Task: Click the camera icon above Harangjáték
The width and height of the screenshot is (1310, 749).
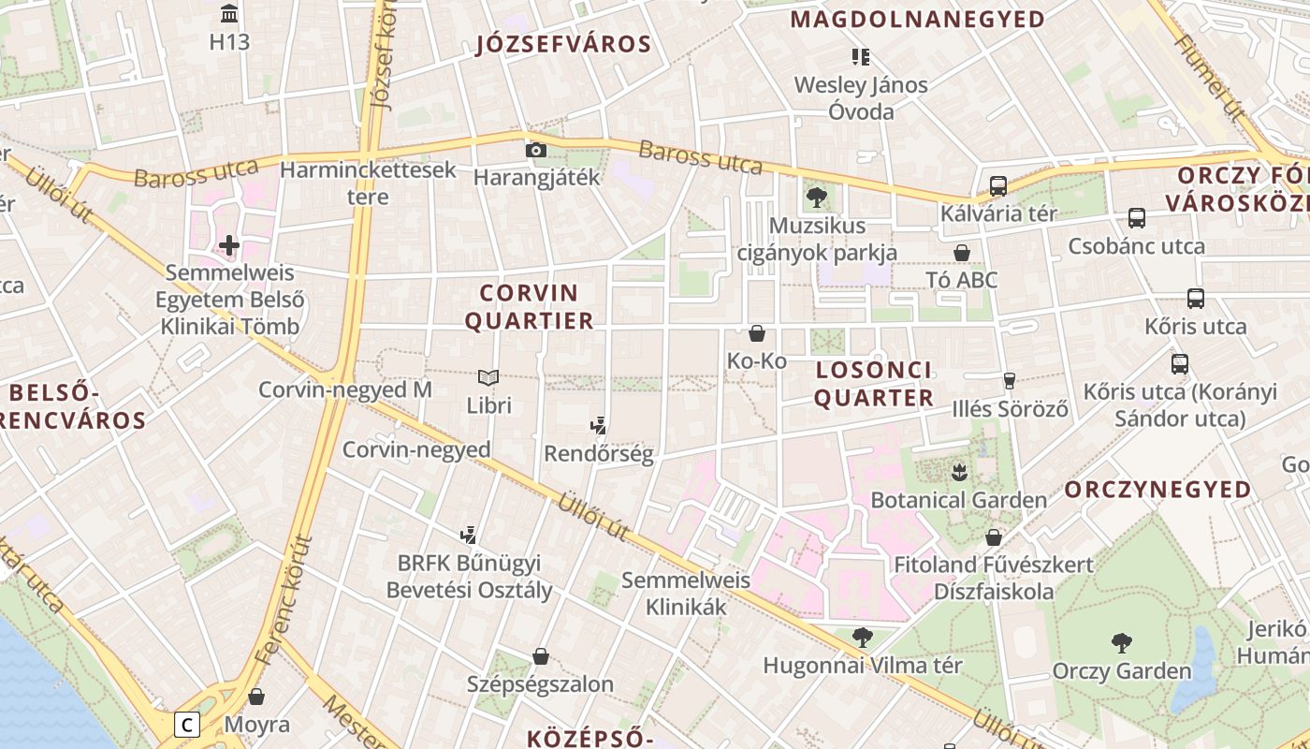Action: click(535, 150)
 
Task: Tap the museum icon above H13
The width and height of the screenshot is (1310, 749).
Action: click(229, 13)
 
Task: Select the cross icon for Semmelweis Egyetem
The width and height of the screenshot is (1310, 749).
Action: click(229, 245)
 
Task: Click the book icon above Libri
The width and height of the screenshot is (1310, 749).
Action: click(488, 377)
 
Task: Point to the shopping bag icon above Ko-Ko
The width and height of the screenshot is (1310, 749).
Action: click(757, 333)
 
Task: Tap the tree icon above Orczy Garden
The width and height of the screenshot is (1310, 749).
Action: click(1121, 643)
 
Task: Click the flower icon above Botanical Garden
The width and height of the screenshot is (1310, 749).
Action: click(959, 472)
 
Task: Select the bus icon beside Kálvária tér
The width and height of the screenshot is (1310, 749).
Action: click(998, 186)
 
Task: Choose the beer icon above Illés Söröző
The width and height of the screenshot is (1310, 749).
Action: click(1009, 380)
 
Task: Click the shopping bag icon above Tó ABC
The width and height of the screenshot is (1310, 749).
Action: click(961, 253)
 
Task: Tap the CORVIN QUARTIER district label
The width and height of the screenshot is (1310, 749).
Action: click(530, 307)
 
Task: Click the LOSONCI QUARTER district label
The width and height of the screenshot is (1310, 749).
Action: click(874, 384)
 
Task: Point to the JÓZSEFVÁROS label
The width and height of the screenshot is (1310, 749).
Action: click(563, 44)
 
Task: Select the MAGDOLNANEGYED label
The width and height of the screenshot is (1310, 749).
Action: click(918, 19)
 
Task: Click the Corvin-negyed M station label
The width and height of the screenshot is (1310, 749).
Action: click(345, 389)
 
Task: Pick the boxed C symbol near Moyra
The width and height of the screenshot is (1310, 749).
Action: click(188, 724)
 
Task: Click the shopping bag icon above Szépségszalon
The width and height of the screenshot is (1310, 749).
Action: click(540, 656)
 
